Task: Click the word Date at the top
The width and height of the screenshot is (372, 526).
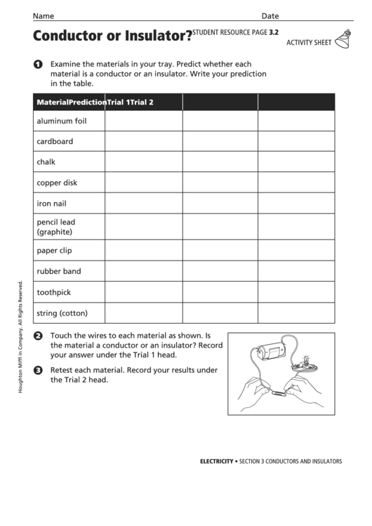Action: tap(270, 15)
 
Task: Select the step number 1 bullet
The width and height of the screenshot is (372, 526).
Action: tap(37, 65)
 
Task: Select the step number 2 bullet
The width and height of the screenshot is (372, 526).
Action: tap(37, 336)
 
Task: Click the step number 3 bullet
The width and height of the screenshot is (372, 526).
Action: tap(37, 370)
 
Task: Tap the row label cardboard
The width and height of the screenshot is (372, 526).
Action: tap(55, 141)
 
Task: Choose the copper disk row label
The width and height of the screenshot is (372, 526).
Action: tap(57, 183)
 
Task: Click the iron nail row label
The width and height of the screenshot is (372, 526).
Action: tap(51, 204)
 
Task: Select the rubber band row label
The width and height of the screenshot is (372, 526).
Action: tap(58, 271)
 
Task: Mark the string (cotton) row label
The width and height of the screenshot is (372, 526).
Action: tap(62, 313)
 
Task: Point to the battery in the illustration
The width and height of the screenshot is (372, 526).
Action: tap(270, 349)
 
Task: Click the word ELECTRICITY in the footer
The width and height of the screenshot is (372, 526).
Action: tap(216, 461)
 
